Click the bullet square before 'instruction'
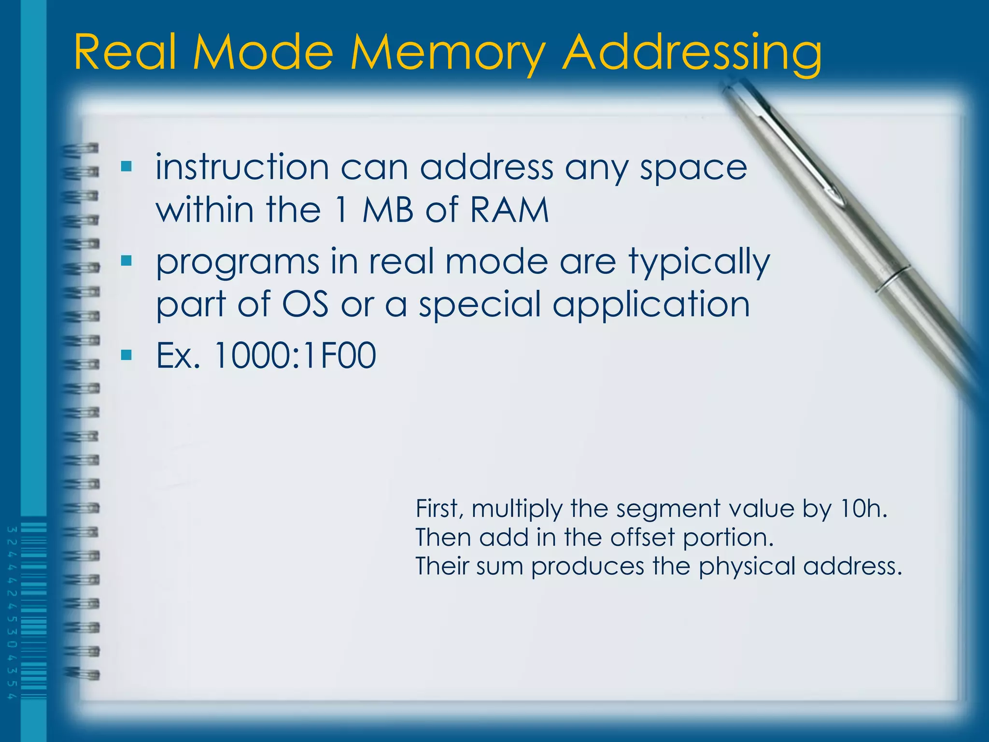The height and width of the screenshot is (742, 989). pyautogui.click(x=127, y=167)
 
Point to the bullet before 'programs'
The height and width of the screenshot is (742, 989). pyautogui.click(x=127, y=261)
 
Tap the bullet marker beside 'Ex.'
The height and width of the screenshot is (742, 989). pyautogui.click(x=127, y=356)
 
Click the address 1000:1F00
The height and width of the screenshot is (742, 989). pyautogui.click(x=295, y=356)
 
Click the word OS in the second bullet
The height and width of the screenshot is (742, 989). pyautogui.click(x=305, y=304)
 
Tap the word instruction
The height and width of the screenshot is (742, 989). pyautogui.click(x=242, y=167)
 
